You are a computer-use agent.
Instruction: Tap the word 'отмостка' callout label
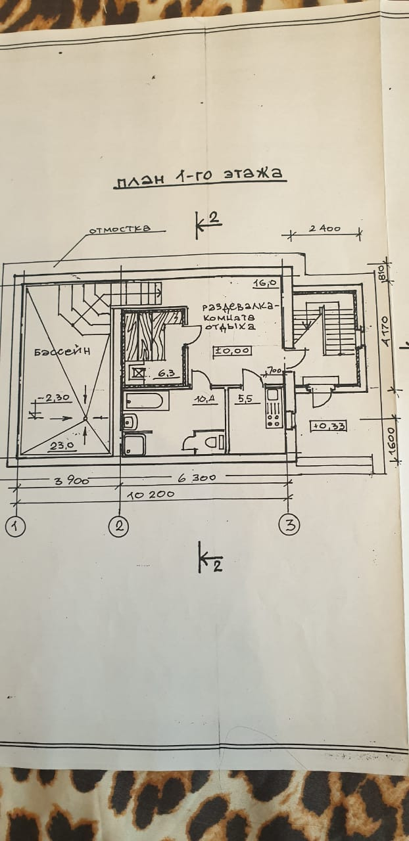tap(119, 229)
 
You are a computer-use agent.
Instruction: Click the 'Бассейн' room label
tap(62, 352)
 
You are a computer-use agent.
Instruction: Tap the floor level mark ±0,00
tap(232, 350)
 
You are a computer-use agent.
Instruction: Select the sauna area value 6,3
tap(162, 374)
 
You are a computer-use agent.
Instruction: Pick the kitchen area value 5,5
tap(245, 398)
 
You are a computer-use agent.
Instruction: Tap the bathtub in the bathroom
tap(146, 399)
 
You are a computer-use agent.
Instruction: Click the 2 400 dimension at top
tap(325, 229)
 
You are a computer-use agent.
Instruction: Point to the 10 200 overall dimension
tap(155, 494)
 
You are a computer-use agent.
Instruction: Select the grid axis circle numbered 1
tap(15, 526)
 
